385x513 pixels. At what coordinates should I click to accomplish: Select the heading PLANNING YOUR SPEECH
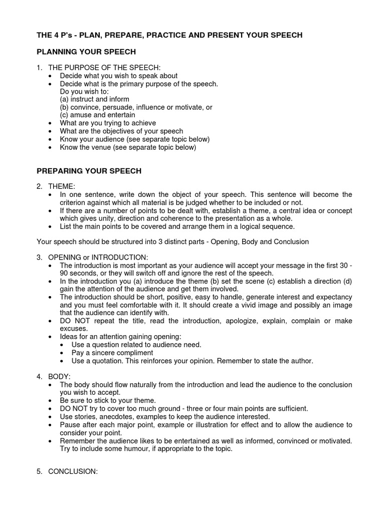(86, 52)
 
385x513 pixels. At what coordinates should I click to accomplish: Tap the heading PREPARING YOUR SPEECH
(89, 171)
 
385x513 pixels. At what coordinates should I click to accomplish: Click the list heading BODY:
(60, 376)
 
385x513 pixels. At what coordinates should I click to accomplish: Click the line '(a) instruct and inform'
(95, 99)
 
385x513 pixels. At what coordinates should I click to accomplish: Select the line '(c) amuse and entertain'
(97, 115)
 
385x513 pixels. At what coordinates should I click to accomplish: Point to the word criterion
(75, 202)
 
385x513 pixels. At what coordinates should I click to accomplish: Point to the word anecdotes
(117, 416)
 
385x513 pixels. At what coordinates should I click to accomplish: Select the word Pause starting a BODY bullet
(70, 424)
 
